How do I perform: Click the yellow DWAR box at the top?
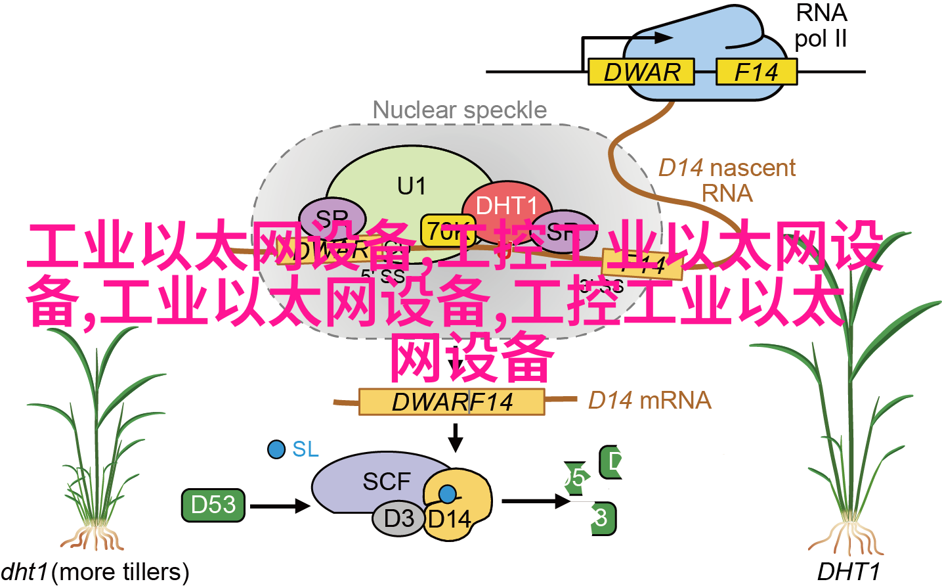tap(641, 72)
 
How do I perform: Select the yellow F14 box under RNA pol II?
tap(756, 72)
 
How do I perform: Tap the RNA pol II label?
tap(821, 26)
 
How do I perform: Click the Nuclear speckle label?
tap(460, 110)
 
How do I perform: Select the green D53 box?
tap(213, 505)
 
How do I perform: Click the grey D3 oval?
tap(398, 518)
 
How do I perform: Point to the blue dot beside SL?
tap(276, 449)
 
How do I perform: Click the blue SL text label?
tap(305, 449)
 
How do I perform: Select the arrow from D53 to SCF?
tap(279, 505)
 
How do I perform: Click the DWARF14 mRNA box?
tap(452, 401)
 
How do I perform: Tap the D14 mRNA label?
tap(649, 400)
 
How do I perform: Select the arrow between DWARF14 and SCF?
tap(456, 437)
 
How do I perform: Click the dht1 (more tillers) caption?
tap(95, 572)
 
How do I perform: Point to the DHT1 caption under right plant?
tap(847, 572)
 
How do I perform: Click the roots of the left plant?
tap(93, 537)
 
